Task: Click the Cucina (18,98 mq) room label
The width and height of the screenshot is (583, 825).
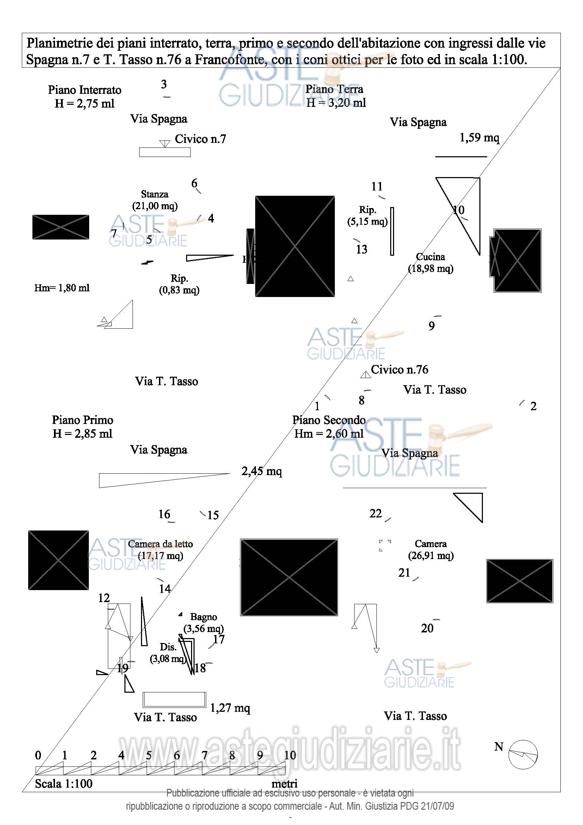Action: click(430, 263)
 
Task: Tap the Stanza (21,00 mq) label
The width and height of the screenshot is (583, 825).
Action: click(155, 200)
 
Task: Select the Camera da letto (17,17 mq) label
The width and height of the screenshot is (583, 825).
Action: click(160, 550)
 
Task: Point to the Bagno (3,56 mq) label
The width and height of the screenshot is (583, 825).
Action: click(203, 623)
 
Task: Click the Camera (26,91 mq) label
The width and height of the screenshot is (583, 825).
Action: click(431, 550)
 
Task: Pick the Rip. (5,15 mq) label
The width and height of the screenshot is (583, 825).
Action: click(367, 216)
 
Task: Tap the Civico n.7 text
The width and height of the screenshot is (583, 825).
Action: click(200, 139)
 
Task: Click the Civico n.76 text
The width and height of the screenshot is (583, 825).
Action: click(399, 370)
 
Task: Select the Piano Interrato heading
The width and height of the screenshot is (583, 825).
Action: click(85, 90)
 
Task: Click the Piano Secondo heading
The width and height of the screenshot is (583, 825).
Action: click(329, 420)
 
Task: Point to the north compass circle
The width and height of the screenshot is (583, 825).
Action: click(523, 754)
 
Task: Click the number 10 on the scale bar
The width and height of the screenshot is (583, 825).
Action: click(290, 755)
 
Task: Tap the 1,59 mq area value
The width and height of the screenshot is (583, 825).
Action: click(479, 138)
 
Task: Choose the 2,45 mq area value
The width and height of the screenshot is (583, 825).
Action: click(261, 471)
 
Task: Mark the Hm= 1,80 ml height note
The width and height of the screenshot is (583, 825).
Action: click(62, 288)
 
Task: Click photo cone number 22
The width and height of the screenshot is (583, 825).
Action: click(375, 514)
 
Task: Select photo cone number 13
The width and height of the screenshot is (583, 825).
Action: click(362, 249)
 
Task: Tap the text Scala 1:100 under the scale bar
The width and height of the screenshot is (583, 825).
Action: click(63, 784)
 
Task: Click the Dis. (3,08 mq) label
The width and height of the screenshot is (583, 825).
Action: click(168, 653)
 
